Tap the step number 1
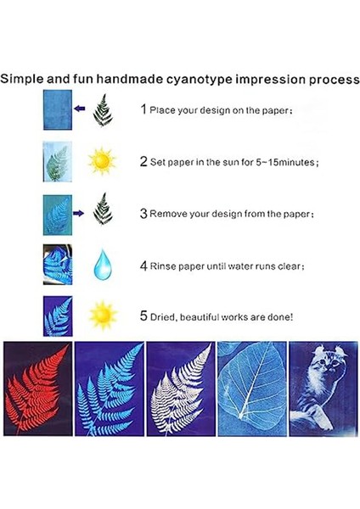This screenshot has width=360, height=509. pos(143,110)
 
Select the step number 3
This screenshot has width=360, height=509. pos(143,213)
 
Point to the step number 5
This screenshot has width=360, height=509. pos(143,316)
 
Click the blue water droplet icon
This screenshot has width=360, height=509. pos(102,265)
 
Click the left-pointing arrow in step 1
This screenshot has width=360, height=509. pos(80,109)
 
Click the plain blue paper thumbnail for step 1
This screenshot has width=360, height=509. pos(56,110)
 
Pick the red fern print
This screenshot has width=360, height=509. pos(36,386)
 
